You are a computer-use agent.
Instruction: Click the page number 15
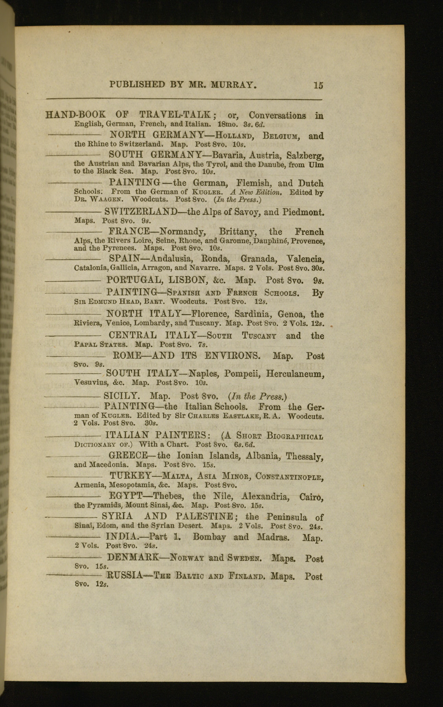(x=318, y=85)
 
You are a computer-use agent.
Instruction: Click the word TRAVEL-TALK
(x=176, y=115)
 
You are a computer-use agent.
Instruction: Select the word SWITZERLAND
(x=141, y=212)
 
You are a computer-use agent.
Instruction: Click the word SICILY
(x=121, y=396)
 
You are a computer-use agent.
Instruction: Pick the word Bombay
(x=210, y=537)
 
